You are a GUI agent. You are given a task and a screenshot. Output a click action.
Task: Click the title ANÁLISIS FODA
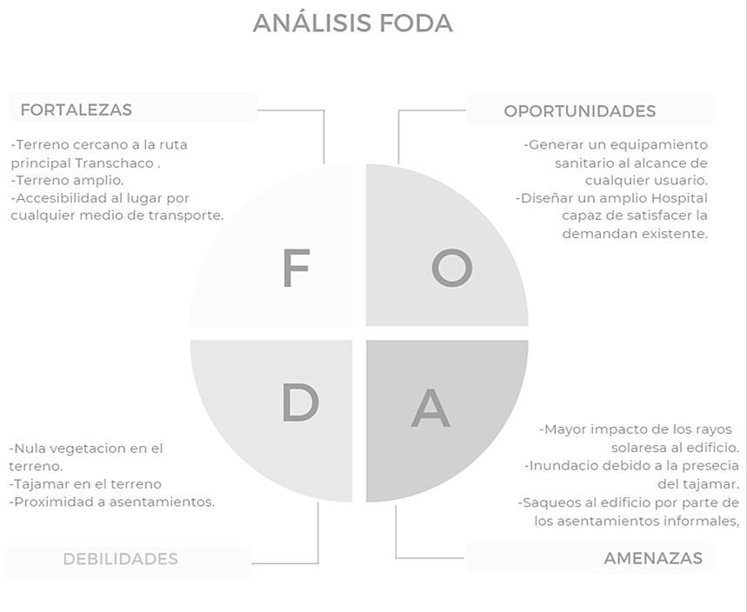click(x=352, y=23)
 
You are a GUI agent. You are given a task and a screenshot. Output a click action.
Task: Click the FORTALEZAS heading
click(x=76, y=110)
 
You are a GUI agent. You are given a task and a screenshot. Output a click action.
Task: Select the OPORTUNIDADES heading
click(x=579, y=111)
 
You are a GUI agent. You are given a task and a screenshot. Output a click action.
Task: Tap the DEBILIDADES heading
click(x=120, y=559)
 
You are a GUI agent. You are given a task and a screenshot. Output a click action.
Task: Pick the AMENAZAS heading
click(x=652, y=558)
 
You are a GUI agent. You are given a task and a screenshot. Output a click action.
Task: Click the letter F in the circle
click(x=296, y=268)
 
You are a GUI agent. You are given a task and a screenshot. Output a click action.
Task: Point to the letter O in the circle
click(x=451, y=268)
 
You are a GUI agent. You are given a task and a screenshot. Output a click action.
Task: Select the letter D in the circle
click(x=300, y=403)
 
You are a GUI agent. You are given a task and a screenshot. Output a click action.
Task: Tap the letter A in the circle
click(x=430, y=408)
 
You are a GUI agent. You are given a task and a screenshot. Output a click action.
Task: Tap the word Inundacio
click(x=562, y=466)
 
